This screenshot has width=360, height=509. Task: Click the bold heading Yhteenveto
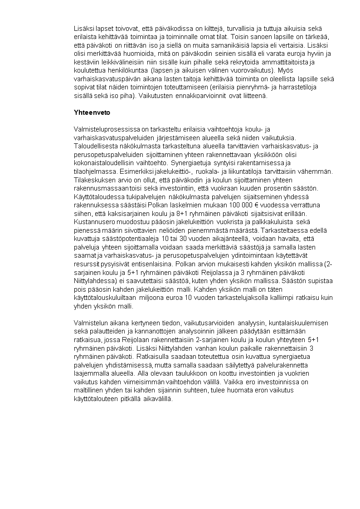click(92, 112)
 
